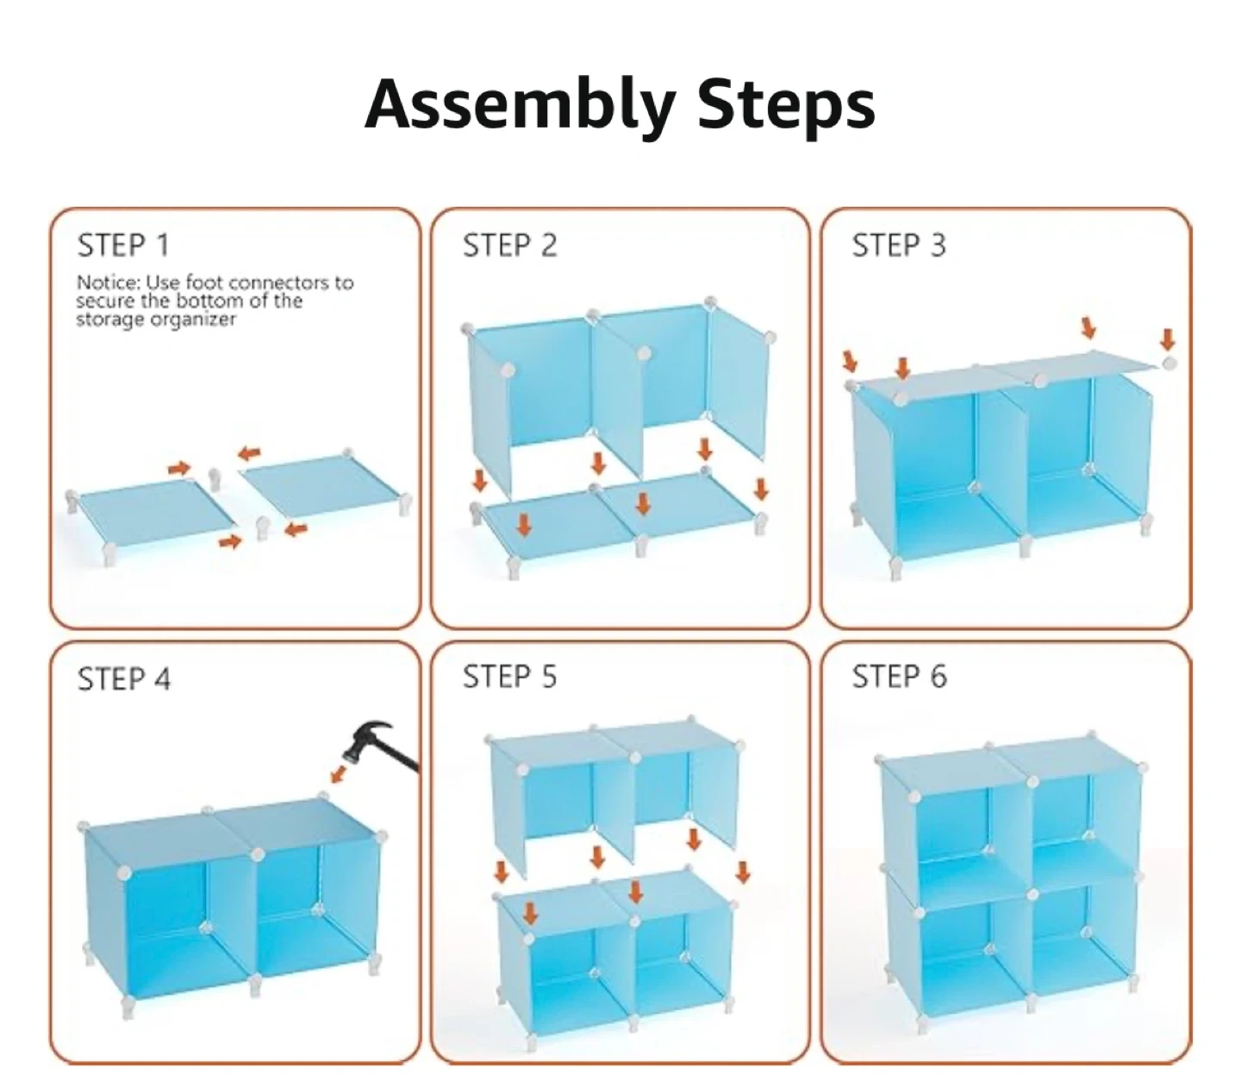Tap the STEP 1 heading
[123, 245]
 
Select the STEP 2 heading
[509, 245]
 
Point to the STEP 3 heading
[899, 245]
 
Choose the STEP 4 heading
[124, 678]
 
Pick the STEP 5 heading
[509, 676]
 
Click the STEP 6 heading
[900, 676]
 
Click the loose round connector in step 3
[1169, 363]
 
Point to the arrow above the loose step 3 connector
[1167, 340]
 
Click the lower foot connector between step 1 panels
[262, 528]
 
